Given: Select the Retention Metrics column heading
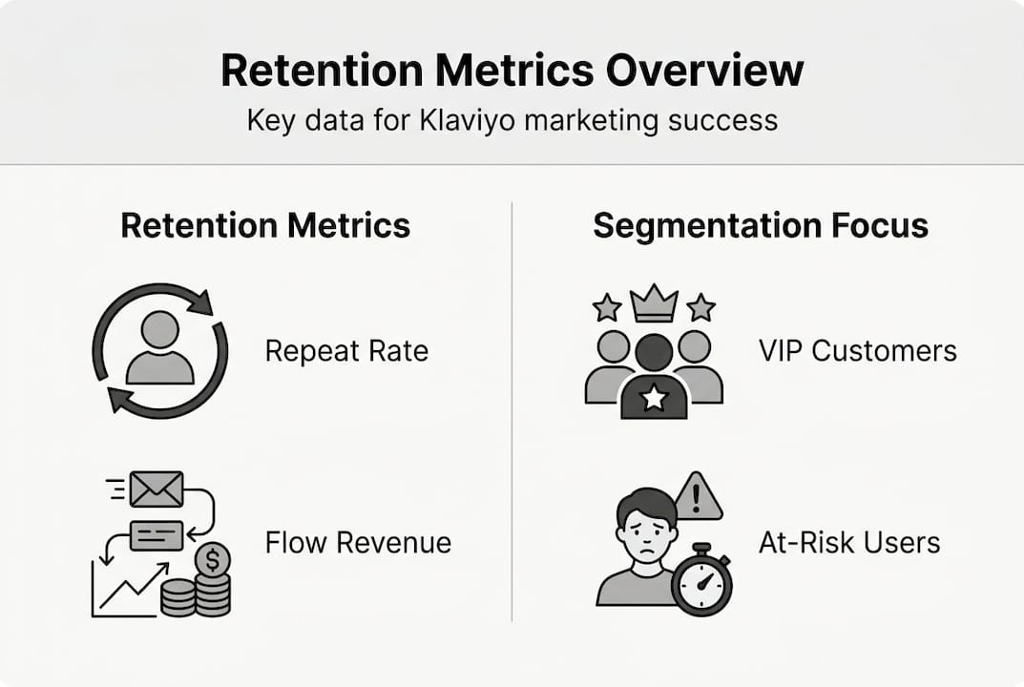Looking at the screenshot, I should pos(265,226).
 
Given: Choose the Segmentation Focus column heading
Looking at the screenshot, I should pos(761,226).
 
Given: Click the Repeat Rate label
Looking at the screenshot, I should pos(346,351).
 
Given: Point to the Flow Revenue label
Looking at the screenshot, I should pos(358,543).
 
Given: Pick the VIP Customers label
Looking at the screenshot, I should pos(858,351).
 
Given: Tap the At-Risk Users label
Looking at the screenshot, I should pos(849,543).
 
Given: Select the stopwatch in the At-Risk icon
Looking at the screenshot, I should pos(701,581).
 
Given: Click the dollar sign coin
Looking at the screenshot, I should pos(212,557).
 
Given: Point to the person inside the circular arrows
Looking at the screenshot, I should pos(159,348).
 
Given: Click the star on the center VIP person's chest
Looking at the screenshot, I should pos(654,398).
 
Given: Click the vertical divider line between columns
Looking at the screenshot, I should pos(512,410).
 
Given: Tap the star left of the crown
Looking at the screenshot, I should pos(607,307).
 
